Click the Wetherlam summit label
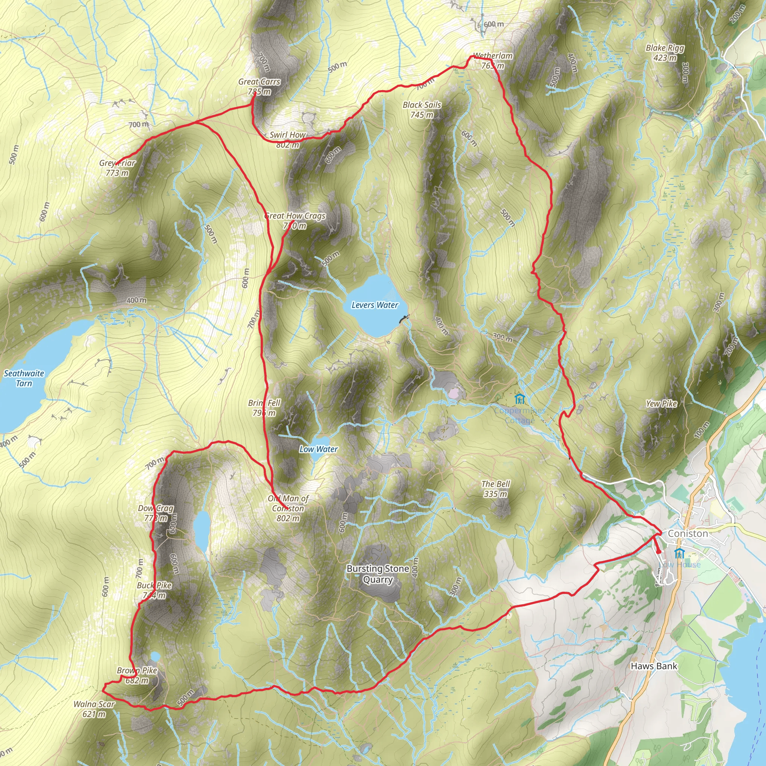tap(493, 60)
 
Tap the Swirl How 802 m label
tap(288, 140)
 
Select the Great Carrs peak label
tap(259, 86)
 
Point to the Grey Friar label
tap(117, 168)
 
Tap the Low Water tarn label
tap(318, 449)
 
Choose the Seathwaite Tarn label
tap(24, 378)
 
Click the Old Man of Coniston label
tap(288, 508)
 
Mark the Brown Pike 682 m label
tap(137, 675)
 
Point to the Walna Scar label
tap(94, 709)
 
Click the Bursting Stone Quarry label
tap(377, 574)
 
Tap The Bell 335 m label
tap(496, 488)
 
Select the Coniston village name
tap(688, 533)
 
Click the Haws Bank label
tap(654, 666)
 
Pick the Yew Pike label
tap(661, 404)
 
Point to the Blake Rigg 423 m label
tap(665, 52)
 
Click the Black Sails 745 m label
tap(422, 110)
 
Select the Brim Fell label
tap(264, 408)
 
